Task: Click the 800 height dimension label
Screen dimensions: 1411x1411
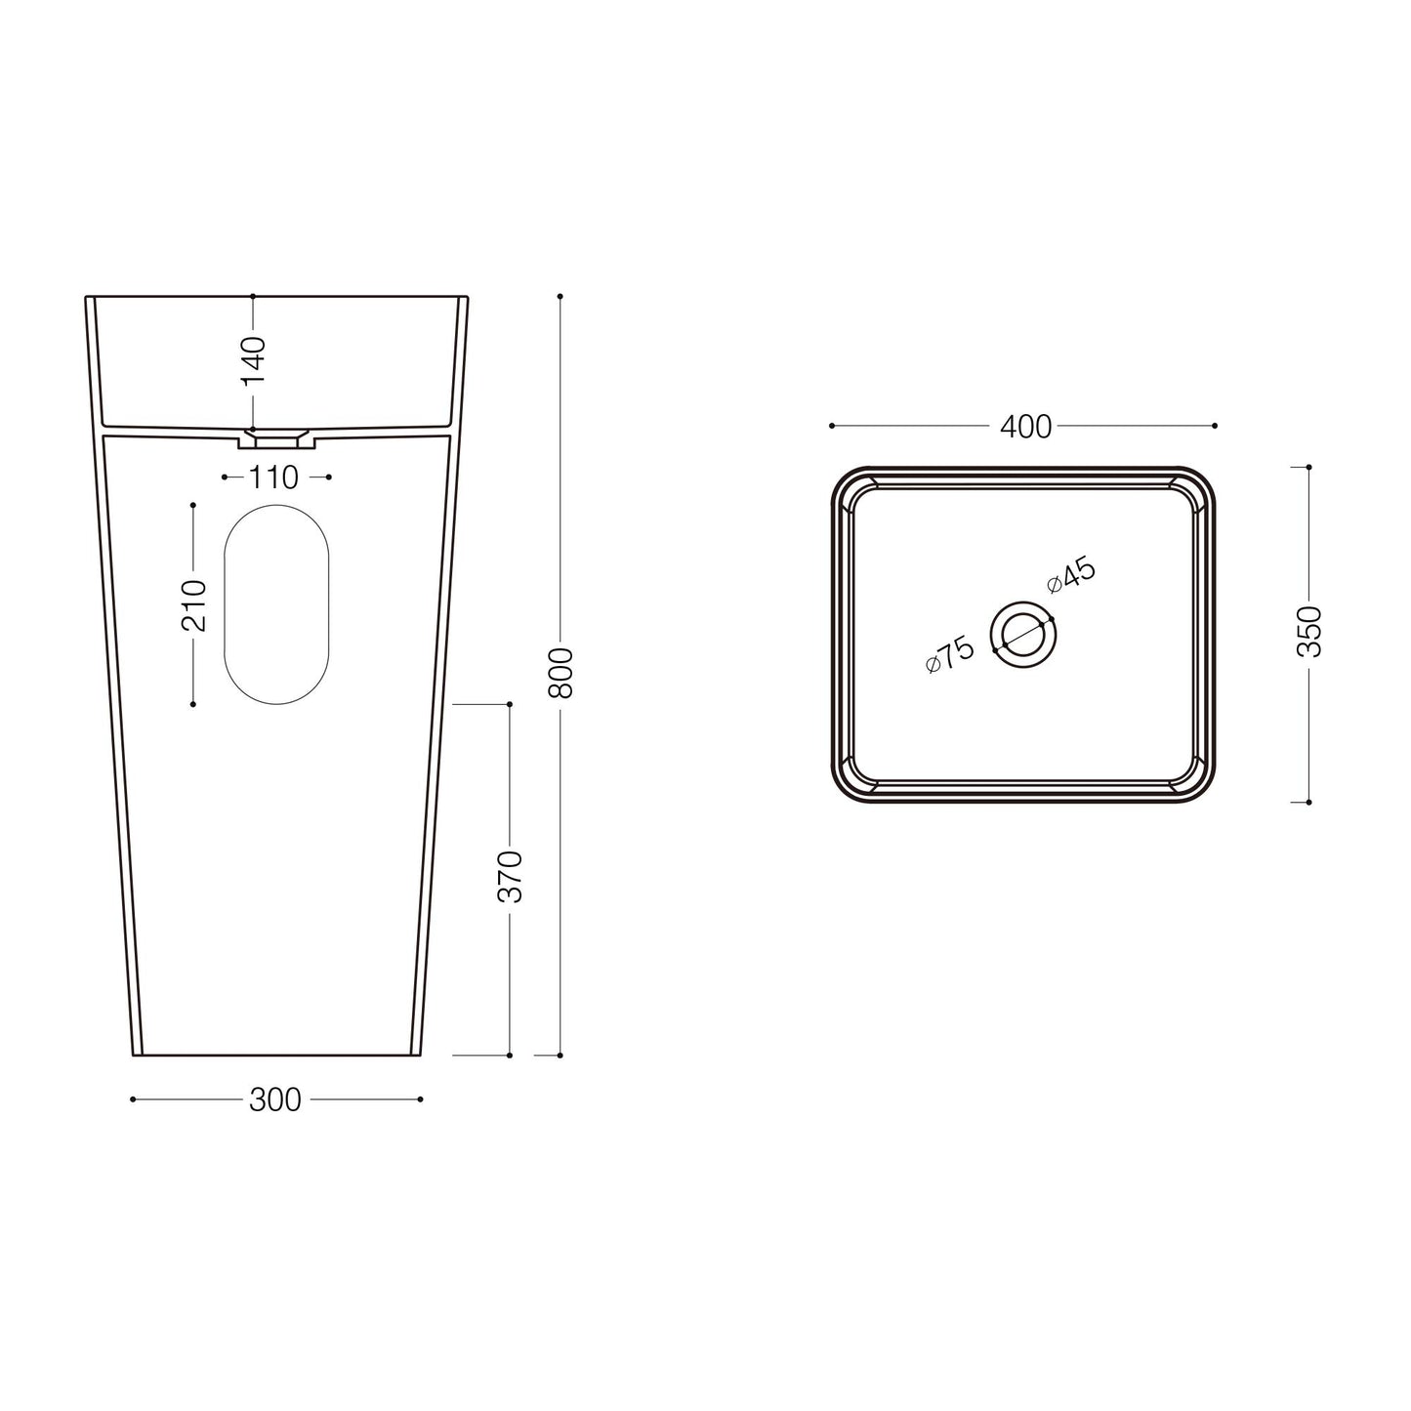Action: click(x=562, y=672)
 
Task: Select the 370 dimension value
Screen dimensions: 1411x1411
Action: click(x=511, y=876)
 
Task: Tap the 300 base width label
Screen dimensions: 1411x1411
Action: click(x=275, y=1100)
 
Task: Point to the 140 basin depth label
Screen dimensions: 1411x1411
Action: click(x=253, y=360)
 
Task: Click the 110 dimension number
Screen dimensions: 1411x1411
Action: click(x=273, y=477)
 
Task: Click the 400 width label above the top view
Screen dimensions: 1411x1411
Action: click(x=1026, y=426)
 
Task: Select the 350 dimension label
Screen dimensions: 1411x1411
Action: click(x=1310, y=632)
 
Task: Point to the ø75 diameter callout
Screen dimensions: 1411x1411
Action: click(x=950, y=654)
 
